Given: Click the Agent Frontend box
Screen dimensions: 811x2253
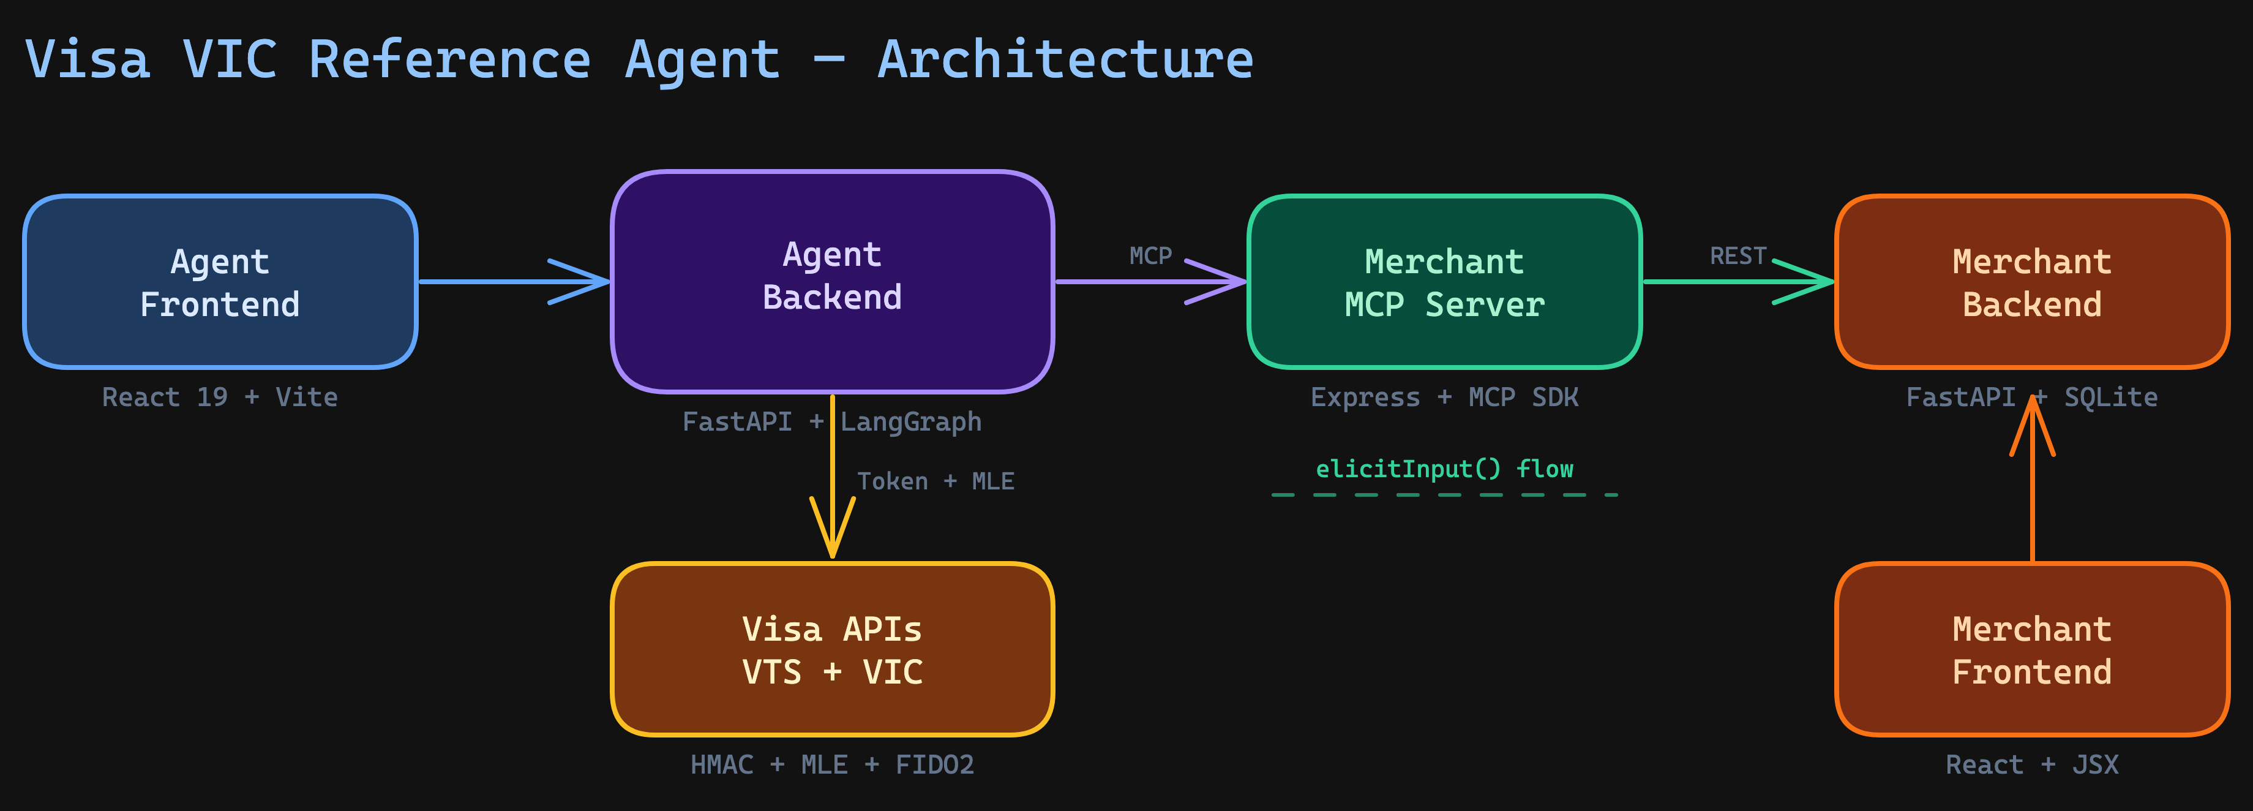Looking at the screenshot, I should pos(220,282).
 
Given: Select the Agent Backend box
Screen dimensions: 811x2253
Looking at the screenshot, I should pos(832,282).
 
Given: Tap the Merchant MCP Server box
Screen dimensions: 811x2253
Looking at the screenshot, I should pos(1444,282).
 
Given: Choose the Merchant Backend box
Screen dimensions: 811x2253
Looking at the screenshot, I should pos(2032,282).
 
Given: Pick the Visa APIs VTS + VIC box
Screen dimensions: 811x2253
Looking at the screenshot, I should pos(832,649).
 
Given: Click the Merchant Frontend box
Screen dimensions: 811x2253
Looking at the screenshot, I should pos(2032,649).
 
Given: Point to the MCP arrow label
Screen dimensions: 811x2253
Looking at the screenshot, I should pos(1150,255).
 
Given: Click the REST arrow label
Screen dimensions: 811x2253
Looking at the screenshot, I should pos(1738,255).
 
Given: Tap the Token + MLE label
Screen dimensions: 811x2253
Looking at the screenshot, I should pos(935,481).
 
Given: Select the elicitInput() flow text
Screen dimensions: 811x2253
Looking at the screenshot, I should pos(1444,469).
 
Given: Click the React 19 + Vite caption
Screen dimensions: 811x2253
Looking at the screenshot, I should pos(220,397).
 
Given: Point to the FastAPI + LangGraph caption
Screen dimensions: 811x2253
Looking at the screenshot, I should pos(832,421).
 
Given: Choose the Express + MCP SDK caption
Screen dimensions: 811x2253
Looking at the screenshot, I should pos(1444,397).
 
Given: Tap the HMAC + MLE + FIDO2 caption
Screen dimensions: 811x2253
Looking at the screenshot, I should pos(832,764).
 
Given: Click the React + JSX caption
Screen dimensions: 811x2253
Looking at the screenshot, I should pos(2032,764).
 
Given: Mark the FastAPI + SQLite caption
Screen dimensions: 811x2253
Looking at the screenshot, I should pos(2032,397).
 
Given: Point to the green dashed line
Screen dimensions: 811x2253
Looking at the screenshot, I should pos(1444,495).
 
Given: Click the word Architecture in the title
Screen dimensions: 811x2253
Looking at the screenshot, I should pos(1065,59).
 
